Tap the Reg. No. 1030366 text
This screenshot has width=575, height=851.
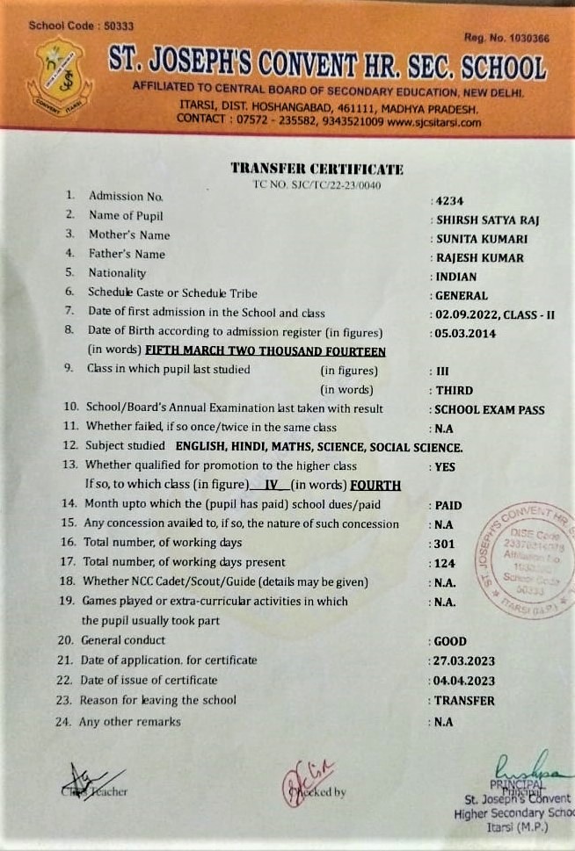[506, 38]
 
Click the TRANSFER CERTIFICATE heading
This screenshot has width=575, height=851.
[317, 168]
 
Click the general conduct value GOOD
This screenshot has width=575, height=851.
[451, 642]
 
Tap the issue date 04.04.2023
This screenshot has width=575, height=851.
[465, 682]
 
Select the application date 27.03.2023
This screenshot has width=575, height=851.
[465, 661]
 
